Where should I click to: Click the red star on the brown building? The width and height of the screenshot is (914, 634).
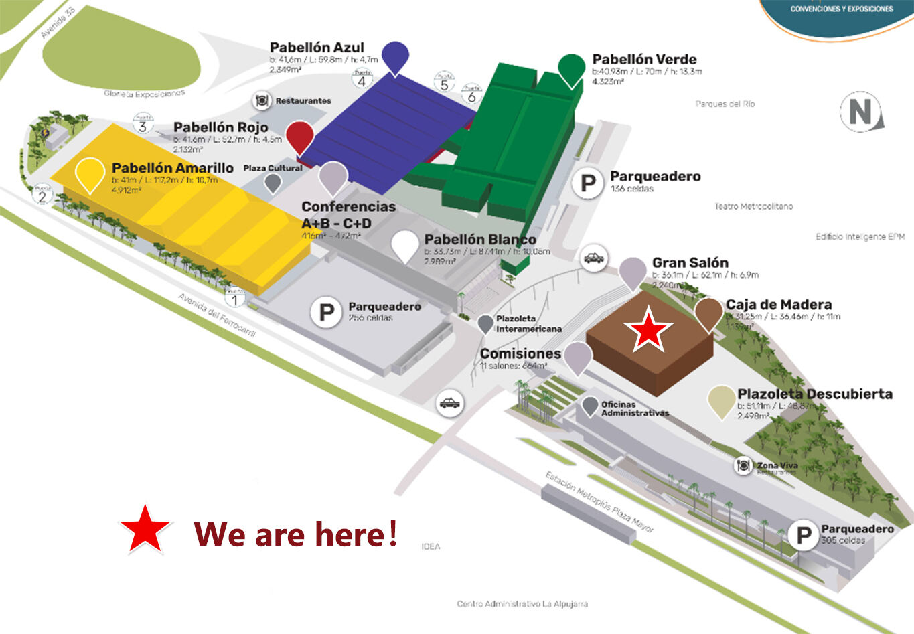click(x=648, y=329)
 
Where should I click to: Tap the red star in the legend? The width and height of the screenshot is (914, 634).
click(x=145, y=528)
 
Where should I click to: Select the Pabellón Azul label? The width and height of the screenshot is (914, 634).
click(x=317, y=48)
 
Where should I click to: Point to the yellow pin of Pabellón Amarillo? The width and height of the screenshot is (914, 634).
click(x=90, y=173)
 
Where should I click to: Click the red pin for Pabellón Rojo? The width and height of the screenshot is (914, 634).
click(x=300, y=136)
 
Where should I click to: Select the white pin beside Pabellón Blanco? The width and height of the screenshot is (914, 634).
click(x=405, y=245)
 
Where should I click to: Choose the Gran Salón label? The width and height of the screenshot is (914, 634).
click(x=690, y=263)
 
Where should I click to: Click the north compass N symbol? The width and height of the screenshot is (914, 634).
click(x=862, y=112)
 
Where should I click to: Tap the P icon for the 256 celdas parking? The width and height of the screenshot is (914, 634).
click(x=327, y=313)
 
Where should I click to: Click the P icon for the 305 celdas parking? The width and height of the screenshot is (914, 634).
click(x=803, y=536)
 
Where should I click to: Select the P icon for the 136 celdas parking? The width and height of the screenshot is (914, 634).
click(x=588, y=183)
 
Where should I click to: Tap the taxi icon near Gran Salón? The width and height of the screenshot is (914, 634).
click(x=594, y=258)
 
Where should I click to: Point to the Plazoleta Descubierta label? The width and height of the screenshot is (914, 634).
click(x=814, y=394)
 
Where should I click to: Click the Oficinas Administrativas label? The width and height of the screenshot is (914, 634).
click(x=634, y=408)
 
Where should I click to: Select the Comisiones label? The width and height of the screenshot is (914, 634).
click(x=520, y=353)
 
